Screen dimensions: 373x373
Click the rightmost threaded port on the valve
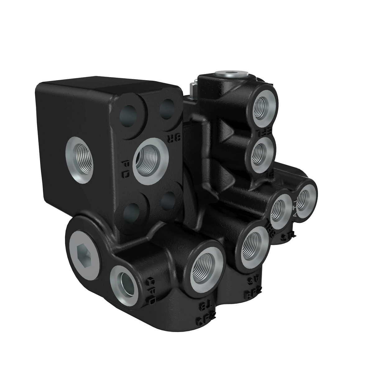(x=305, y=197)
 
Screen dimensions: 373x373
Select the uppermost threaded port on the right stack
(x=264, y=105)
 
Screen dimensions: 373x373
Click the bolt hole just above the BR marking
(x=169, y=109)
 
